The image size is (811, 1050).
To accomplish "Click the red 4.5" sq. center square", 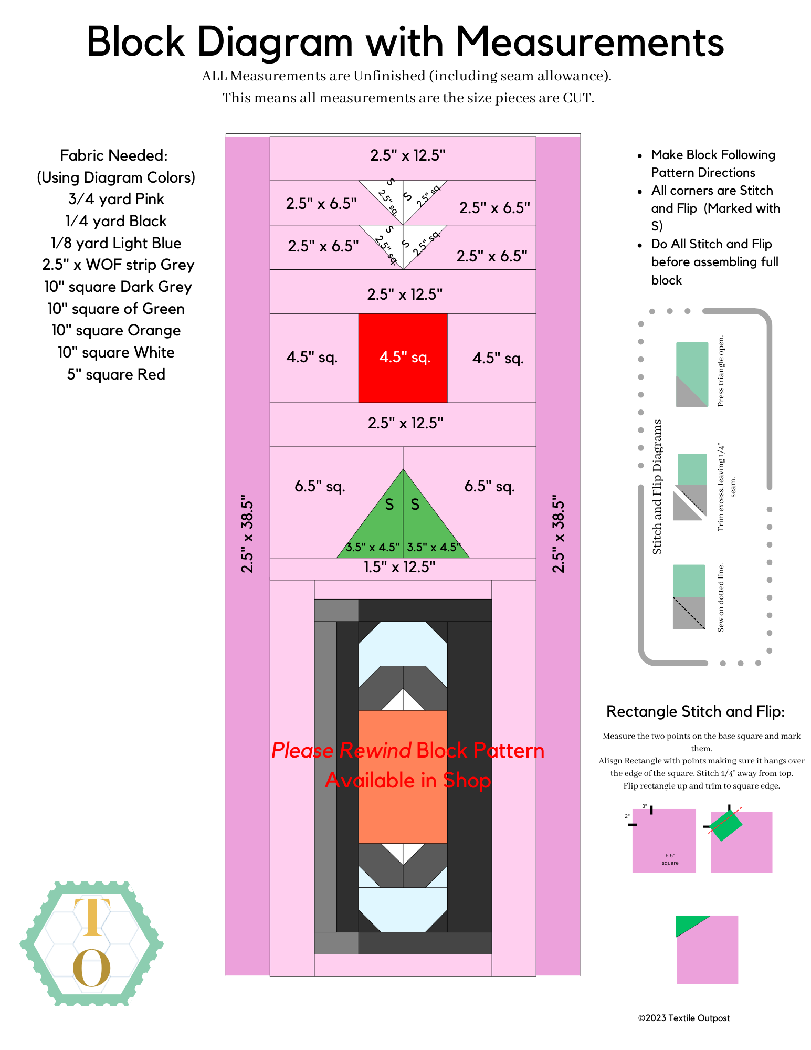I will tap(403, 358).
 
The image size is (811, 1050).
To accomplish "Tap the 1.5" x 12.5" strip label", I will tap(399, 567).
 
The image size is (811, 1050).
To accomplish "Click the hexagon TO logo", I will tap(92, 943).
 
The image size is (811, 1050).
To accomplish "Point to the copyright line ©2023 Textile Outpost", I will tap(683, 1018).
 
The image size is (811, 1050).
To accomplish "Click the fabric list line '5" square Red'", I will tap(116, 374).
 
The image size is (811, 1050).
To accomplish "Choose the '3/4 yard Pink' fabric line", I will tap(116, 199).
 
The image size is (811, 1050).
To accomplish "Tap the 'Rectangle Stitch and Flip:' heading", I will tap(696, 711).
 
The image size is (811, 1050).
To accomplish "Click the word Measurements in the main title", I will tap(589, 42).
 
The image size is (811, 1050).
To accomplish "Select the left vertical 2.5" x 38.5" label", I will tap(247, 533).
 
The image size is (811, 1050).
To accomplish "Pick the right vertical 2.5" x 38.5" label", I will tap(559, 533).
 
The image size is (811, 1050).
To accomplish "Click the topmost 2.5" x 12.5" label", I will tap(407, 155).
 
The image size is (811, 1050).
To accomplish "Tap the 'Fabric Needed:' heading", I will tap(114, 155).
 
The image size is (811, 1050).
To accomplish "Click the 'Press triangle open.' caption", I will tap(721, 371).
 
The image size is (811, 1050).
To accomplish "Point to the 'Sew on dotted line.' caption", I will tap(721, 597).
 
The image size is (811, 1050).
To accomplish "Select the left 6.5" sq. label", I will tap(320, 486).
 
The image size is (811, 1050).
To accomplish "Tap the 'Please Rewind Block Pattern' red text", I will tap(407, 751).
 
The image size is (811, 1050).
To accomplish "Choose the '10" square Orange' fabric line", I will tap(116, 331).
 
